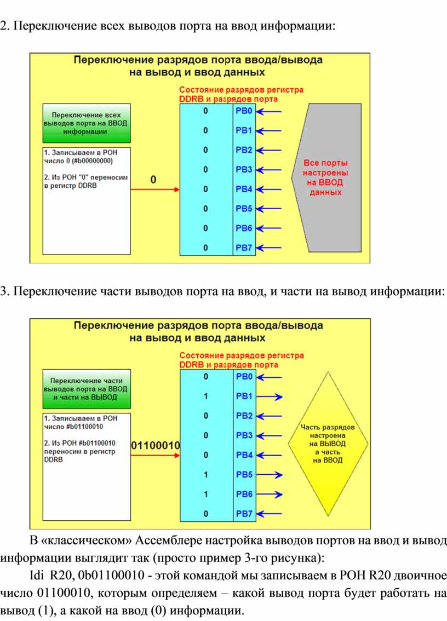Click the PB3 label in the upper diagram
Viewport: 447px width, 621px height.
(x=244, y=169)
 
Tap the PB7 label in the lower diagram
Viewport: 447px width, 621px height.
(x=244, y=513)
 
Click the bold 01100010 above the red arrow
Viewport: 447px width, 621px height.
(x=156, y=445)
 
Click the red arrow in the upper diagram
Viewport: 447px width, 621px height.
(x=155, y=189)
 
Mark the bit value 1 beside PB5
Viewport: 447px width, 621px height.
(x=205, y=474)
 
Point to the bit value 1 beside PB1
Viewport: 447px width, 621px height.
(x=205, y=396)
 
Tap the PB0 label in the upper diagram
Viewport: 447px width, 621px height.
(x=244, y=111)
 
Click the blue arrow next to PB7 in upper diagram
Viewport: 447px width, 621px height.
(x=269, y=248)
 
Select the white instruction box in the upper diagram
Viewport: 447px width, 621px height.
(x=87, y=200)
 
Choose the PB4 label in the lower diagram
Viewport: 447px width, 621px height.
(x=244, y=455)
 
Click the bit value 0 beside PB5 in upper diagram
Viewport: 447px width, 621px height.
(x=205, y=209)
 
